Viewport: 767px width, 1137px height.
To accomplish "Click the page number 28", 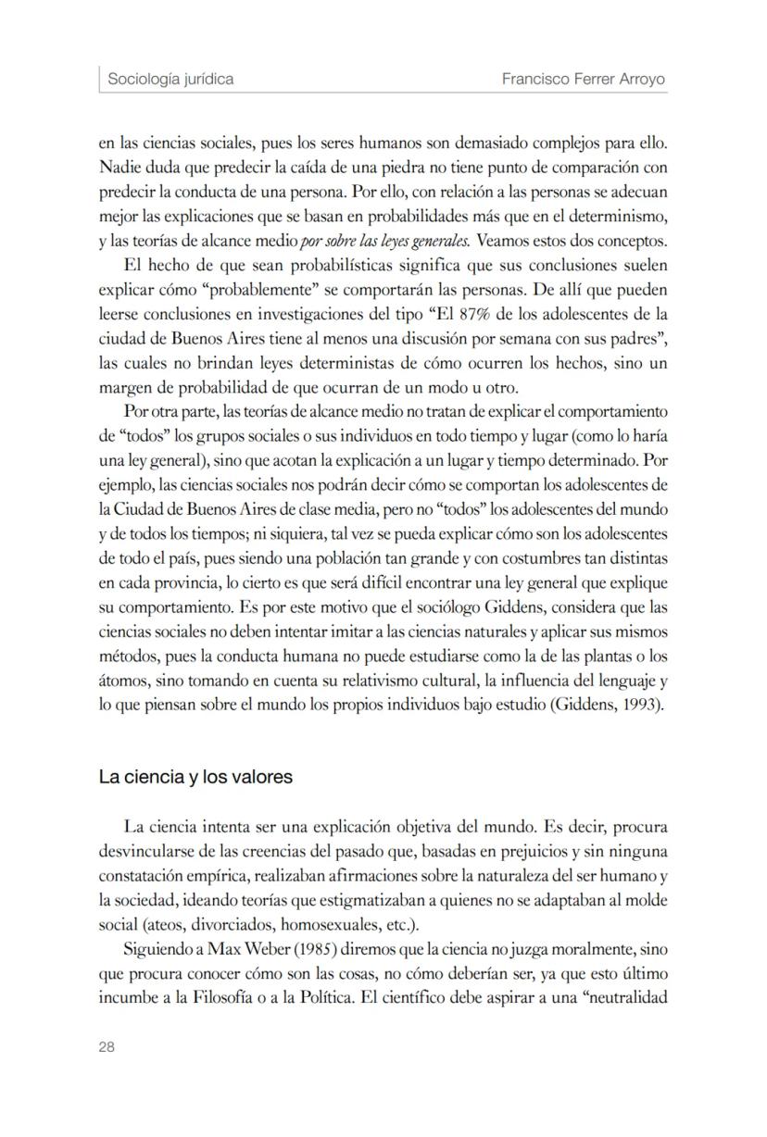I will tap(107, 1046).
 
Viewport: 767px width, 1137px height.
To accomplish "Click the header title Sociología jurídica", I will tap(170, 79).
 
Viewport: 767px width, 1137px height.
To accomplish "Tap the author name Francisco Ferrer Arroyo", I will tap(584, 79).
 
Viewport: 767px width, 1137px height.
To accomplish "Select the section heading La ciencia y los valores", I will tap(195, 777).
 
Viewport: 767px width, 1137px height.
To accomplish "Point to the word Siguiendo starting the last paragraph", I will tap(156, 949).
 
